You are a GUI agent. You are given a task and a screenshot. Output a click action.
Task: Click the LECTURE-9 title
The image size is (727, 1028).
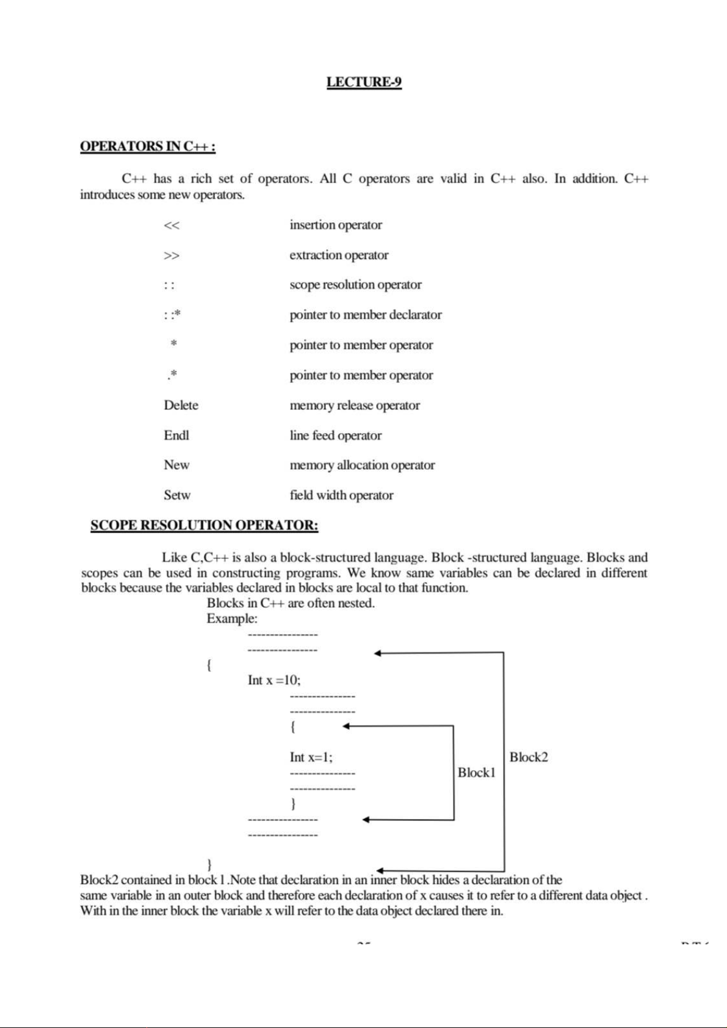pyautogui.click(x=364, y=82)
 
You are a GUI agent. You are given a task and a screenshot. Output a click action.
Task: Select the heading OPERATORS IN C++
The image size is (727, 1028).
pyautogui.click(x=148, y=147)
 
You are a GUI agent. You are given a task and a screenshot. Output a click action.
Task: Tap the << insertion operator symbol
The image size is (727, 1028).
pyautogui.click(x=172, y=225)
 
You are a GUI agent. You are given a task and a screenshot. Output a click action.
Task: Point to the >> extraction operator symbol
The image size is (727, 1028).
pyautogui.click(x=172, y=255)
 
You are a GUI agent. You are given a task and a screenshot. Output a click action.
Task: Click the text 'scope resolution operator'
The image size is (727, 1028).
pyautogui.click(x=355, y=285)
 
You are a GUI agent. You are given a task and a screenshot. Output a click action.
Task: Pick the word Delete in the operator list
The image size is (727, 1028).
pyautogui.click(x=181, y=405)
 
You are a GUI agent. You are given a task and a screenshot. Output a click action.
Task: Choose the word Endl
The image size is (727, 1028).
pyautogui.click(x=176, y=435)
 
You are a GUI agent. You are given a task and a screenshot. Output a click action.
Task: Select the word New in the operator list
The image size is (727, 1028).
pyautogui.click(x=176, y=465)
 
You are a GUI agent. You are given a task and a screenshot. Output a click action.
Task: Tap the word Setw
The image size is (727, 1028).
pyautogui.click(x=177, y=495)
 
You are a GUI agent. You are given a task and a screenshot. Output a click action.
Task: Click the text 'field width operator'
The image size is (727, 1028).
pyautogui.click(x=341, y=495)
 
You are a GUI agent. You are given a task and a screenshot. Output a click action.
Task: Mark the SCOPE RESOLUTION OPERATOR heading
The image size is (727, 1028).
pyautogui.click(x=204, y=525)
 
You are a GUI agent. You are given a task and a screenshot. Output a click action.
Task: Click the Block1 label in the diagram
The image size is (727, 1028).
pyautogui.click(x=476, y=773)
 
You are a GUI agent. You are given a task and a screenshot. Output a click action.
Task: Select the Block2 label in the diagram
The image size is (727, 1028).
pyautogui.click(x=529, y=757)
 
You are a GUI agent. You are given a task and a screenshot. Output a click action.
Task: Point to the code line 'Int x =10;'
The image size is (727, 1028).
pyautogui.click(x=274, y=680)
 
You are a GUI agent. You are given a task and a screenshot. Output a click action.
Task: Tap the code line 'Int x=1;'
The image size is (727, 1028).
pyautogui.click(x=311, y=757)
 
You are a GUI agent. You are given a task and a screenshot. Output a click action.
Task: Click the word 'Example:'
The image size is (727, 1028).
pyautogui.click(x=232, y=618)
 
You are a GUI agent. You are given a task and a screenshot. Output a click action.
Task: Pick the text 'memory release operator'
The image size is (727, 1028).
pyautogui.click(x=355, y=405)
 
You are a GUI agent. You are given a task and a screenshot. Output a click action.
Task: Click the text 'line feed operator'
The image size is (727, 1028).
pyautogui.click(x=335, y=435)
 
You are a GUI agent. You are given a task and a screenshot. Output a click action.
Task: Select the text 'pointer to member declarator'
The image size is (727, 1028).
pyautogui.click(x=366, y=315)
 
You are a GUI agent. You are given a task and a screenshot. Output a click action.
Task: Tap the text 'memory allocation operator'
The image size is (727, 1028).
pyautogui.click(x=362, y=465)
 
